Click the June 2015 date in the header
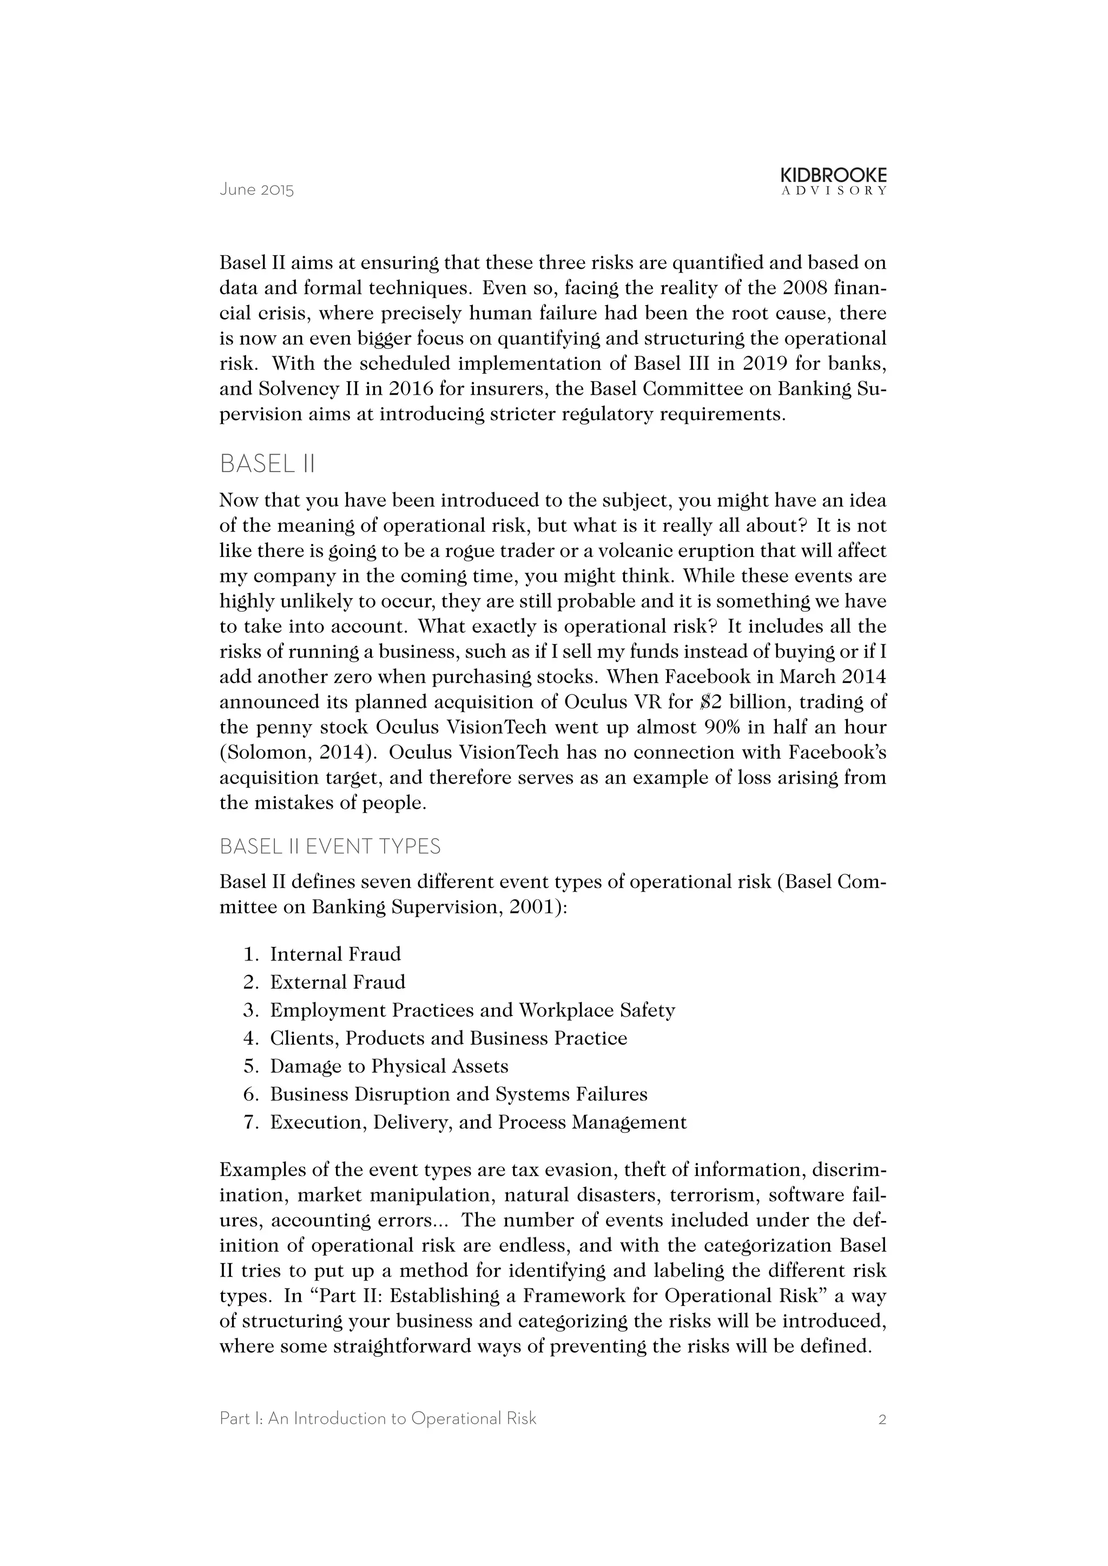pyautogui.click(x=256, y=190)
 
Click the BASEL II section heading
pyautogui.click(x=267, y=464)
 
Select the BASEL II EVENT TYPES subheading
pyautogui.click(x=330, y=846)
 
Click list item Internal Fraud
pyautogui.click(x=335, y=954)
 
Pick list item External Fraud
pyautogui.click(x=337, y=982)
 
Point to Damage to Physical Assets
pyautogui.click(x=389, y=1066)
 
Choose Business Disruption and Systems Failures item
pyautogui.click(x=458, y=1094)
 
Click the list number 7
pyautogui.click(x=250, y=1122)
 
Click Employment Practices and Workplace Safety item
pyautogui.click(x=472, y=1010)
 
